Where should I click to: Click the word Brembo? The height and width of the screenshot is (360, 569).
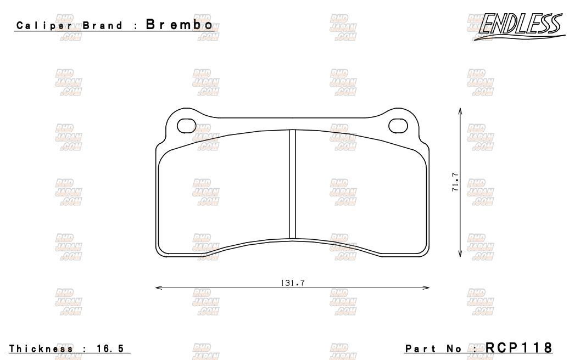click(178, 25)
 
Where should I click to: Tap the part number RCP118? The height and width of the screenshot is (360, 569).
click(518, 348)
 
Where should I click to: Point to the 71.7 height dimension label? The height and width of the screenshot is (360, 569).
click(455, 183)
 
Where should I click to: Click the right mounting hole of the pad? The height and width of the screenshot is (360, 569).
click(398, 126)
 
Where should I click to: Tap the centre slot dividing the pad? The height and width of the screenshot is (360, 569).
click(292, 184)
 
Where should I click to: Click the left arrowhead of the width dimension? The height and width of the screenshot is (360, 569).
click(158, 287)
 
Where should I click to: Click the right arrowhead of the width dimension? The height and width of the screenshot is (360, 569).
click(427, 287)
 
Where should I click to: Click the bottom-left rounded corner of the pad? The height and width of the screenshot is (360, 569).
click(161, 252)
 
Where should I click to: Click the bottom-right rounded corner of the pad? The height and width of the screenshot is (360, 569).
click(423, 252)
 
